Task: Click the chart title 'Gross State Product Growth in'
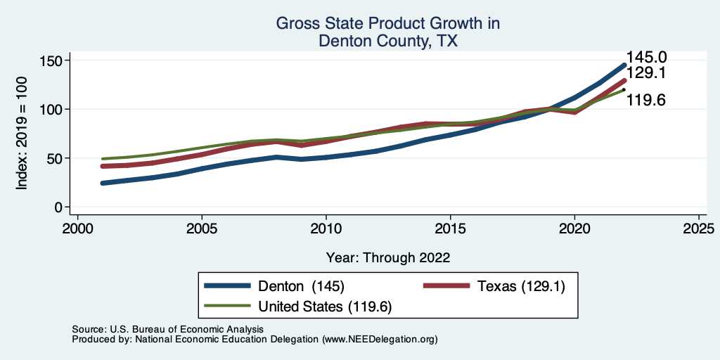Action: click(387, 23)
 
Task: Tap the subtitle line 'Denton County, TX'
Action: click(387, 41)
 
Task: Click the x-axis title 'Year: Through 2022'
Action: click(388, 257)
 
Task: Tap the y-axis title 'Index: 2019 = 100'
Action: click(22, 134)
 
